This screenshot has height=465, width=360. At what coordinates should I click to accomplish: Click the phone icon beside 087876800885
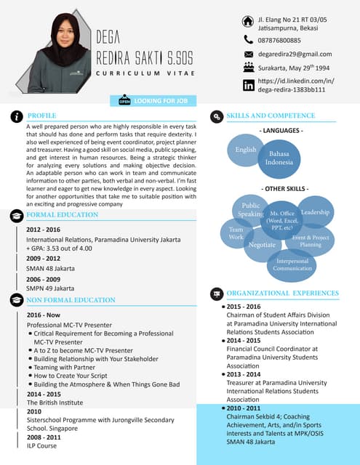249,40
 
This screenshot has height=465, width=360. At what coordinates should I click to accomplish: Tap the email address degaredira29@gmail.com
295,54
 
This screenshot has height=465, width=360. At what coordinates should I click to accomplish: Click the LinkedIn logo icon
249,85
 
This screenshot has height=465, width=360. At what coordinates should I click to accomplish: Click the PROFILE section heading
42,116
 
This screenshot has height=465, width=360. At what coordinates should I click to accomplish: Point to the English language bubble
246,150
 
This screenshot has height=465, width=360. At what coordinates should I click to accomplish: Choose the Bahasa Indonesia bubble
279,158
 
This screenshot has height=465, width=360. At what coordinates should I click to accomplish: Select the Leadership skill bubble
316,211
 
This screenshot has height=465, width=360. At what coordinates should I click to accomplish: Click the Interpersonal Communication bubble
292,264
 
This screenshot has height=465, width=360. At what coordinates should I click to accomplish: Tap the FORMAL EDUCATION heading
62,215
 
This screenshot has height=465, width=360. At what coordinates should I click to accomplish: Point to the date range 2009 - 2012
44,258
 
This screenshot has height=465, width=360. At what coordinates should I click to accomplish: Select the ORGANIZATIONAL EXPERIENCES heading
282,294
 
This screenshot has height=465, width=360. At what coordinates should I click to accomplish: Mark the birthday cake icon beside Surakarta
249,68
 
